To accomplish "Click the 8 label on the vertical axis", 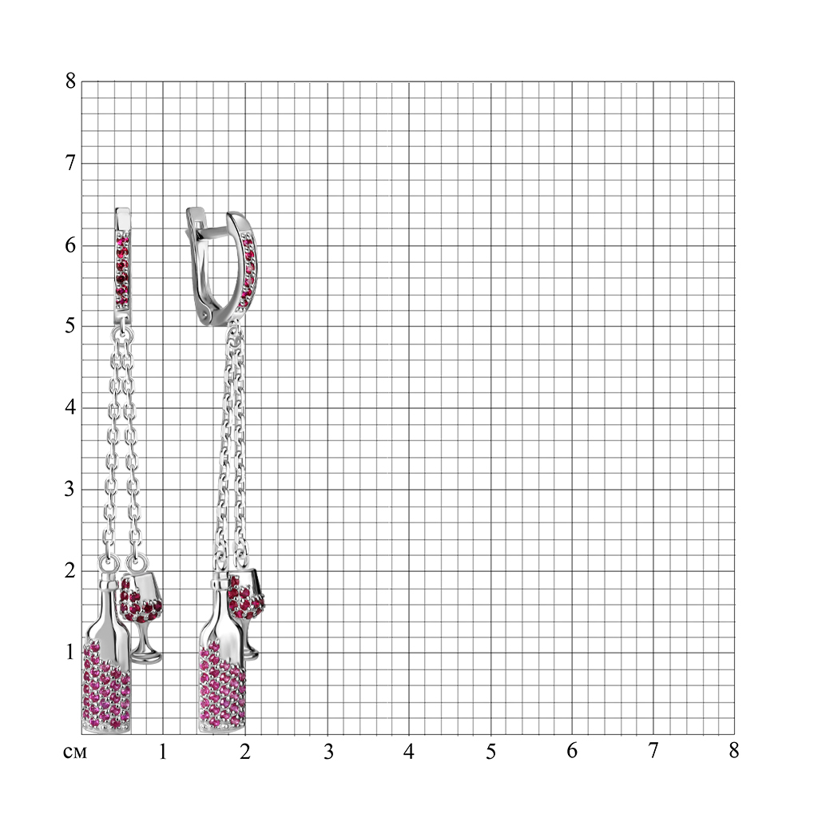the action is point(70,81).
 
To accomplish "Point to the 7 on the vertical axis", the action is point(70,163).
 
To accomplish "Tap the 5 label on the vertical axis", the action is point(70,326).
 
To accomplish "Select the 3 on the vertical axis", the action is point(70,490).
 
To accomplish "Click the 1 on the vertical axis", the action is point(70,652).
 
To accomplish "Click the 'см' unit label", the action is point(74,752).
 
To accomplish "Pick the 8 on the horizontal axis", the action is point(734,751).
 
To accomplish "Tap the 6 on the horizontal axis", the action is point(572,751).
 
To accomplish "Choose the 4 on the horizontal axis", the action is point(409,751).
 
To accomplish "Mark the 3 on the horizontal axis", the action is point(328,752).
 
